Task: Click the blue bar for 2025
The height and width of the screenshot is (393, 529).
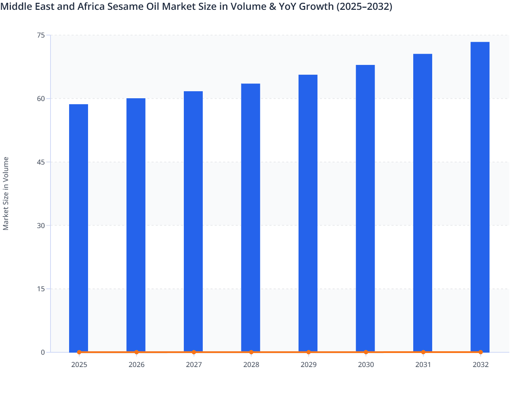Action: pos(79,228)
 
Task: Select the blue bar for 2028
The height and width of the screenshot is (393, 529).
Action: pos(250,218)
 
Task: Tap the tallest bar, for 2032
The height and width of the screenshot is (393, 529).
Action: pos(480,196)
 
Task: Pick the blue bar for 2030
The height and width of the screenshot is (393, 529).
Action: pos(365,209)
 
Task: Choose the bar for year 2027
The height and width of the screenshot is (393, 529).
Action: pos(193,221)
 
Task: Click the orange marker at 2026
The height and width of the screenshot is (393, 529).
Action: pos(136,352)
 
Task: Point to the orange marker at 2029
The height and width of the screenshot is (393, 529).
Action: pos(308,352)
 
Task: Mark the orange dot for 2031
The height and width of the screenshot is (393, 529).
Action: pos(423,352)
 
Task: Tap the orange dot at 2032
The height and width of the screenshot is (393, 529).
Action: pos(481,352)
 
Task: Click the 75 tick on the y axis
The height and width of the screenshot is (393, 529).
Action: pos(41,35)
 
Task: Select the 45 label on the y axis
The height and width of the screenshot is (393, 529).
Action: pos(41,162)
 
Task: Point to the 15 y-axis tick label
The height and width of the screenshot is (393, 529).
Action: pos(41,289)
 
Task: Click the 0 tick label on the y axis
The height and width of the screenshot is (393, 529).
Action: pos(43,352)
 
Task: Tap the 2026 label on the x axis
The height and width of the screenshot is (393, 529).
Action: pos(136,365)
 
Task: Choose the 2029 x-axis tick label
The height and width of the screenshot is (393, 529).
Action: pos(308,365)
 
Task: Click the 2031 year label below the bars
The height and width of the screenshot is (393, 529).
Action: pos(423,365)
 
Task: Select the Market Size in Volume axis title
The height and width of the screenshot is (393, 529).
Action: pos(6,193)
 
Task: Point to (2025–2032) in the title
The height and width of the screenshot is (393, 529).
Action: pos(364,6)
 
